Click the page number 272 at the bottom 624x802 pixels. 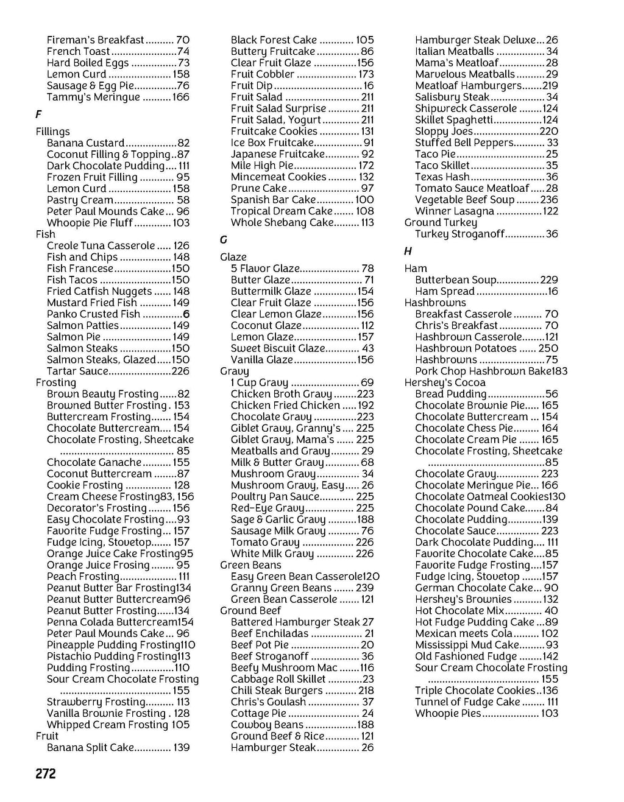46,773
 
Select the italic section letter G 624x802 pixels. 223,240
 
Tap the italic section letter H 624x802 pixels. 408,251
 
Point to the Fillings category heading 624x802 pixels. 52,132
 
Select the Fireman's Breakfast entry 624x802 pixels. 95,40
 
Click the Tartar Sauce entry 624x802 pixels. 77,371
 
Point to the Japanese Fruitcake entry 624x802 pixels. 277,154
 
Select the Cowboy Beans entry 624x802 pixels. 267,725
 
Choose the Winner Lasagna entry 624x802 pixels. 454,211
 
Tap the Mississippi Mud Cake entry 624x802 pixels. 467,645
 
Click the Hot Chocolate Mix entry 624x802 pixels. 459,611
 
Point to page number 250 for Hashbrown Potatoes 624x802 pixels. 548,348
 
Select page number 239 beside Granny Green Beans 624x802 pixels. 364,588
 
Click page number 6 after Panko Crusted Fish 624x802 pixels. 186,314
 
